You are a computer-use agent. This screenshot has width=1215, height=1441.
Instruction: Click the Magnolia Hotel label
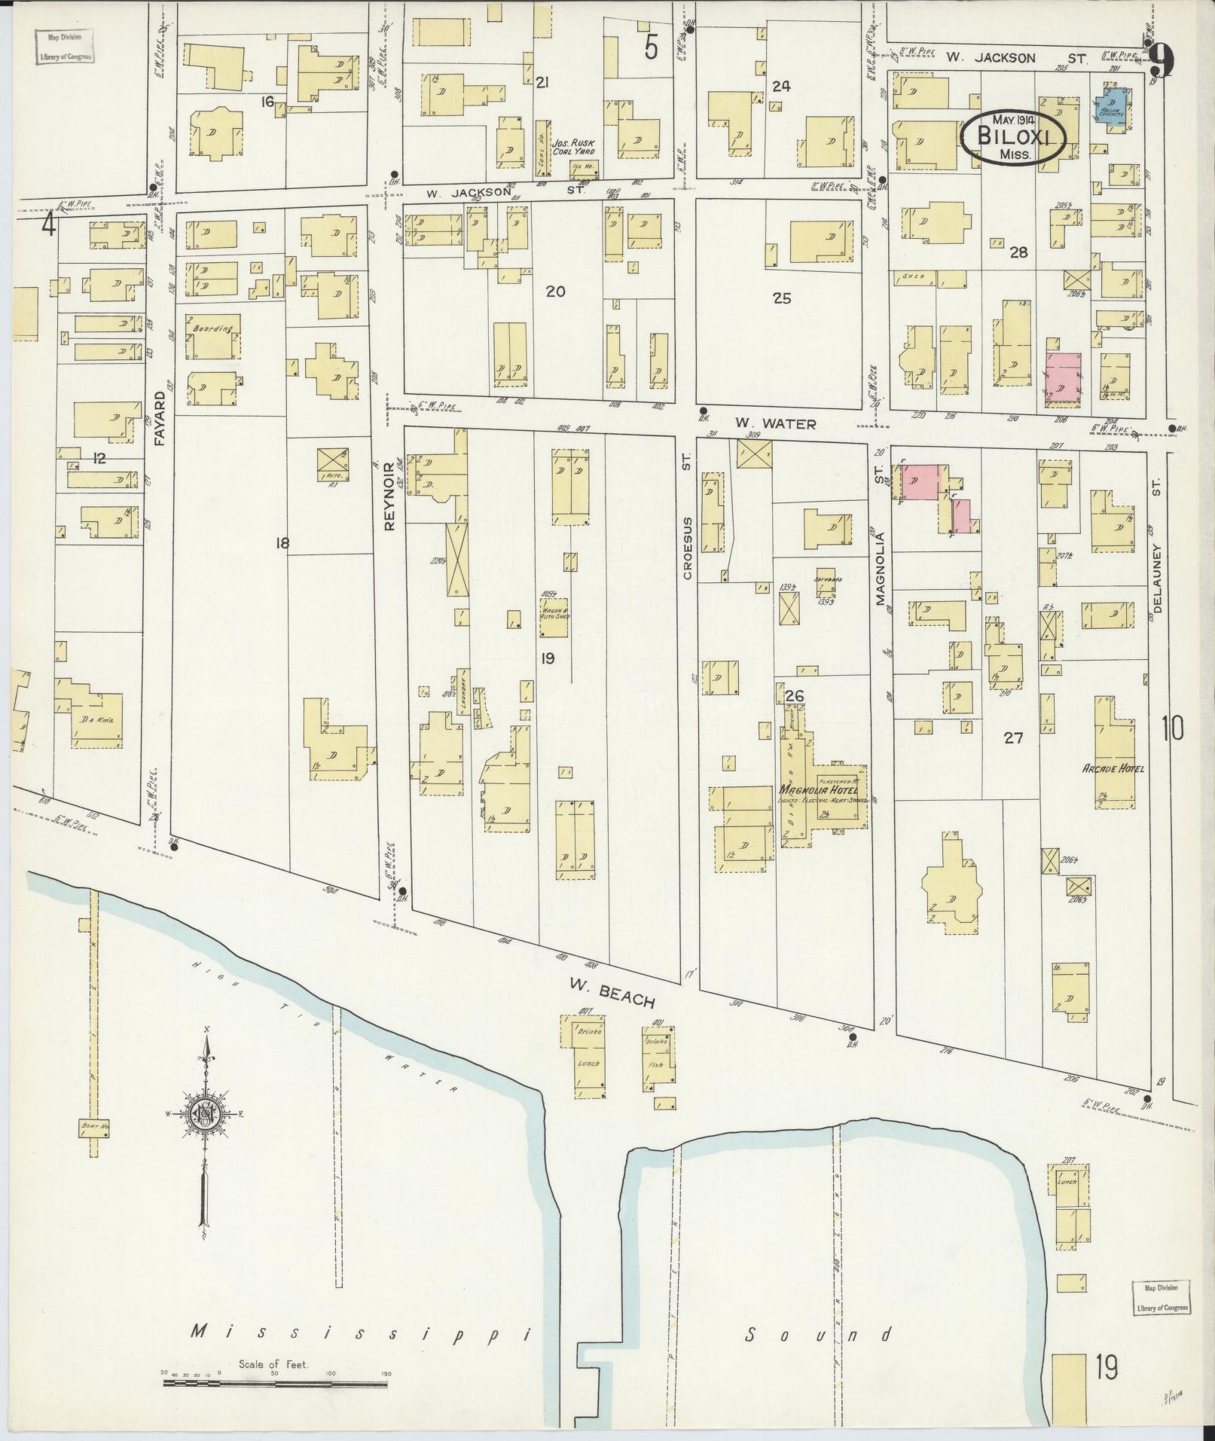point(816,790)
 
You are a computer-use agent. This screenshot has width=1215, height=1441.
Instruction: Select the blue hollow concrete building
point(1111,107)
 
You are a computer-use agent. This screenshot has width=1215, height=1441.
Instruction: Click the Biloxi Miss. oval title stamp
point(1013,138)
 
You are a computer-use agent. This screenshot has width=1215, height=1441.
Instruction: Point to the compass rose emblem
point(205,1114)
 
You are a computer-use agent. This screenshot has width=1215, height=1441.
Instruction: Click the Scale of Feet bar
point(275,1382)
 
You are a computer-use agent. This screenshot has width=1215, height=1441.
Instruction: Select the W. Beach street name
point(611,995)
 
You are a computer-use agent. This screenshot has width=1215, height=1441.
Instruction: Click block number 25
point(781,298)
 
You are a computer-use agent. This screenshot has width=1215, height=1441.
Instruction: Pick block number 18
point(282,542)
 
